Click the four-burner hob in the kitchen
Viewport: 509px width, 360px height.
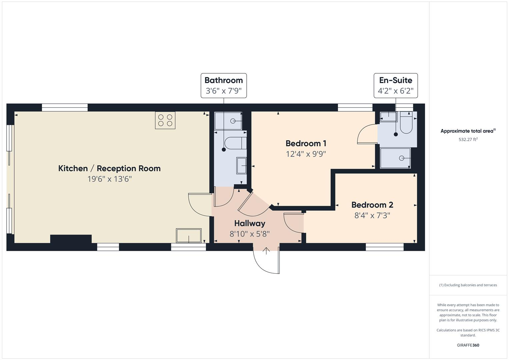165,120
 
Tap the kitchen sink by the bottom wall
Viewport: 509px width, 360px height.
189,236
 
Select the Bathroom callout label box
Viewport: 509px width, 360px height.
224,86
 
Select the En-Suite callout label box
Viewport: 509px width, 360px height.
395,86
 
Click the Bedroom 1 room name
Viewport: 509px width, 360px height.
306,143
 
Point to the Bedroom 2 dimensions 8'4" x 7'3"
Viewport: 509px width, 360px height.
372,215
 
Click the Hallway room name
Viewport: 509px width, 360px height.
249,223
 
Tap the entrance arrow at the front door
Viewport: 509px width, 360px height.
266,251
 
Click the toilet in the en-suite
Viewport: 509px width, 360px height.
406,123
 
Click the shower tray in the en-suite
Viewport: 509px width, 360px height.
395,158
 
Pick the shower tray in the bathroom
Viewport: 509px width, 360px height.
228,121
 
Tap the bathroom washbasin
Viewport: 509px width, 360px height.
241,166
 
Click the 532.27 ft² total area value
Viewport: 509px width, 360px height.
468,140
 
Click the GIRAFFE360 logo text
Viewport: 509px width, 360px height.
468,345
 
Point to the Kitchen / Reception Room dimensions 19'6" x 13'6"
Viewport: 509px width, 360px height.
109,179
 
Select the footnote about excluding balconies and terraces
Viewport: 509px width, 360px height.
468,285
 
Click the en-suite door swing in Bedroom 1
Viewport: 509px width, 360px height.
367,135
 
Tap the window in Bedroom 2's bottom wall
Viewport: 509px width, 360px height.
384,247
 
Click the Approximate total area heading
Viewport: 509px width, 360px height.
468,131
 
